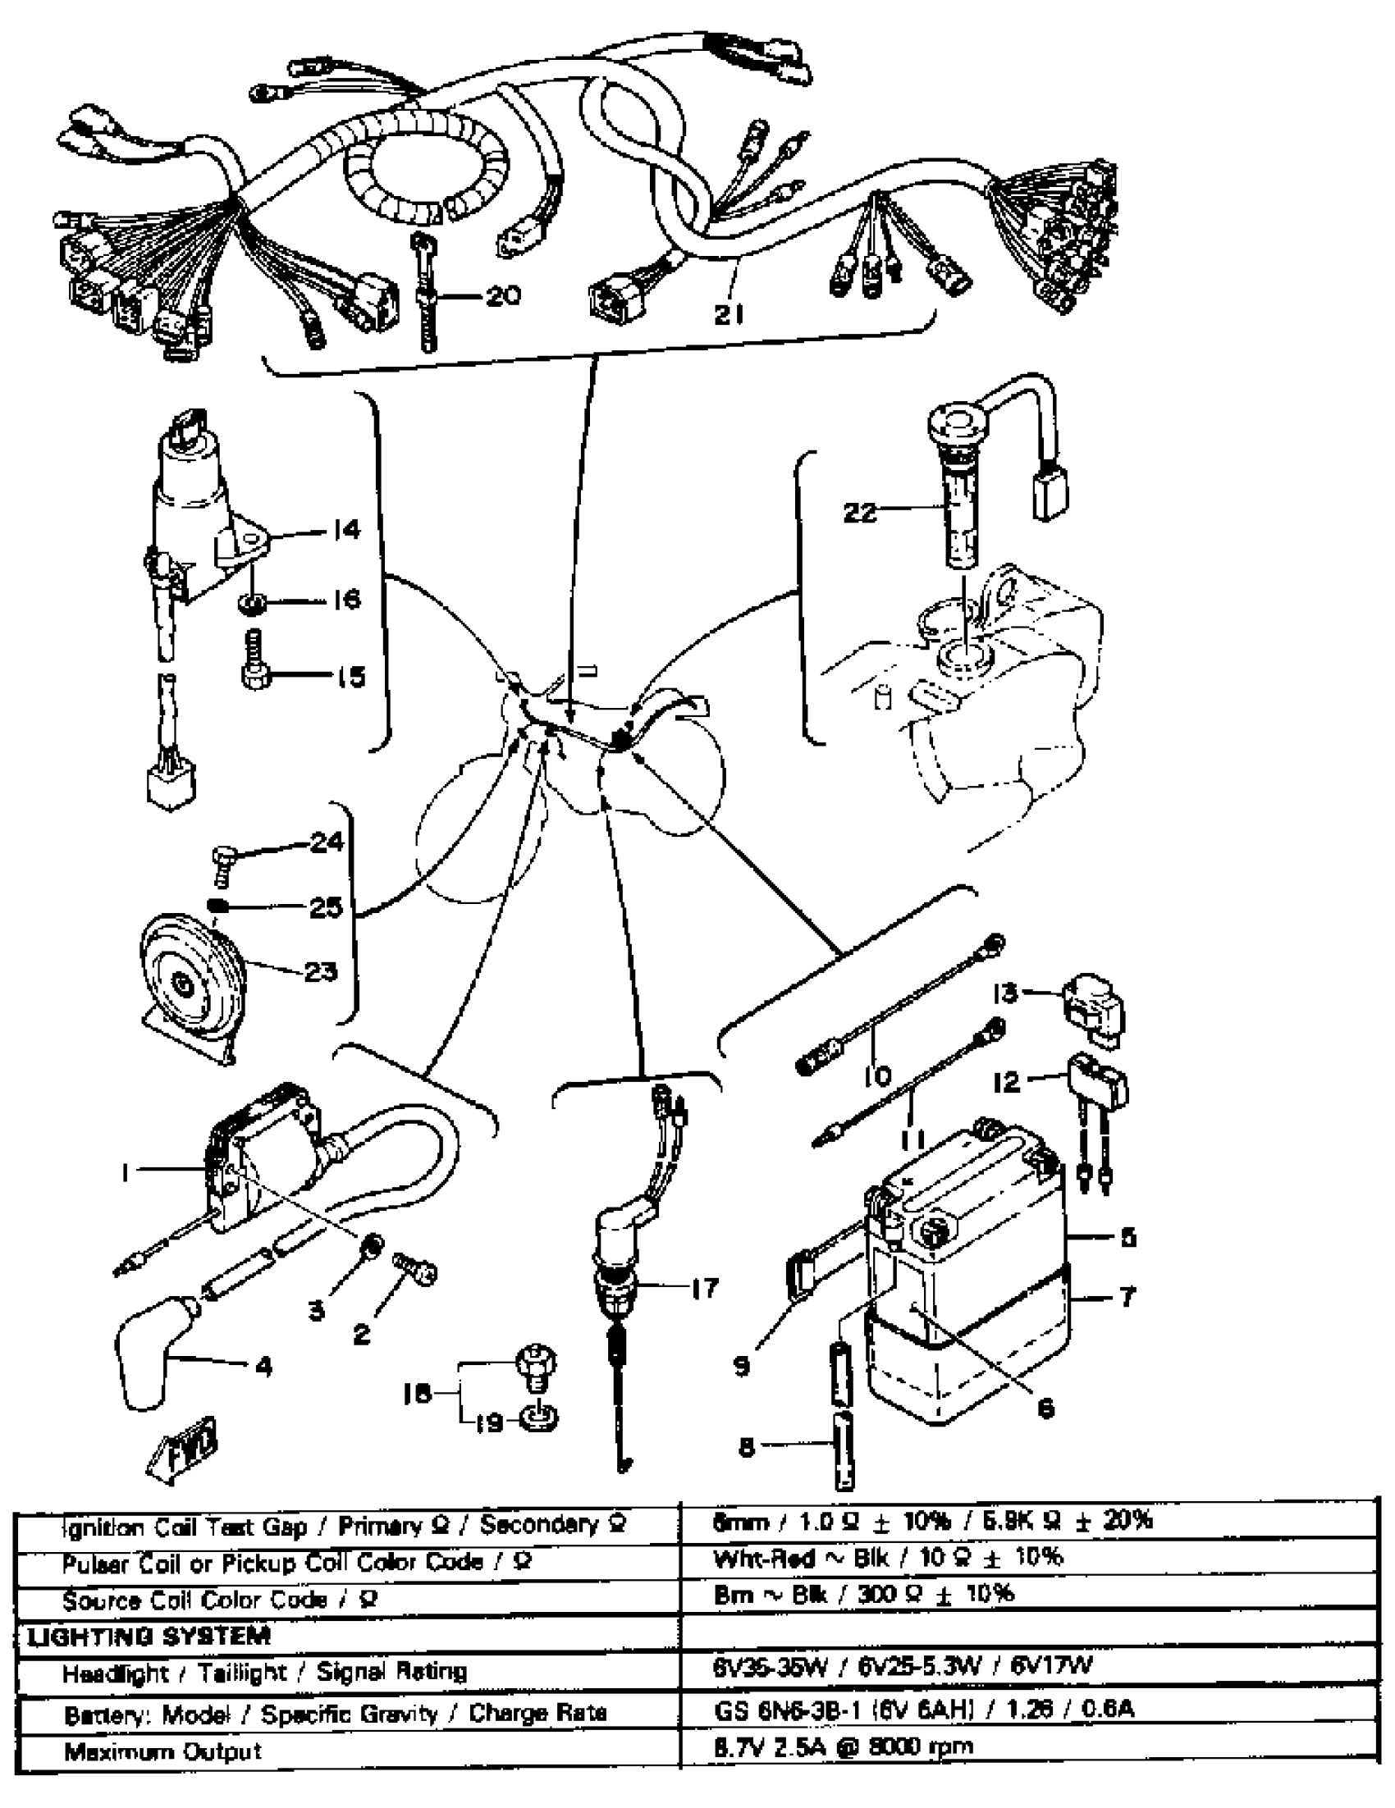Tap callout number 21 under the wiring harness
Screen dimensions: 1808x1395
730,313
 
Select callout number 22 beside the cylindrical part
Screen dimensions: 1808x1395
860,513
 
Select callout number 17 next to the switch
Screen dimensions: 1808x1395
704,1288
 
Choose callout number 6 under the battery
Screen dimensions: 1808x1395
1045,1408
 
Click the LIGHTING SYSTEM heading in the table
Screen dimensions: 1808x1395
149,1637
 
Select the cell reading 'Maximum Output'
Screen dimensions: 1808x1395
163,1751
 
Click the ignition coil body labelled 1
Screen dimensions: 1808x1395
265,1159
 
